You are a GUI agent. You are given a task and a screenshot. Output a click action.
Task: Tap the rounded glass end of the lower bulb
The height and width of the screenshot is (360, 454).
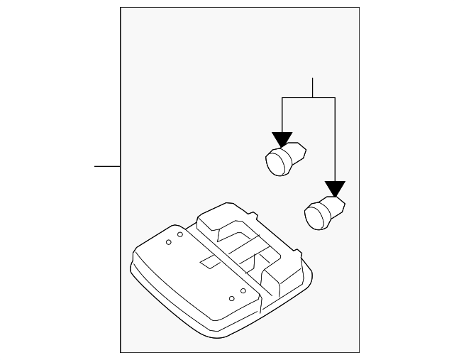point(314,216)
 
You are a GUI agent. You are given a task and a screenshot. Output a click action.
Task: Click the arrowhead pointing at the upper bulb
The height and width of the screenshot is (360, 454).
point(282,139)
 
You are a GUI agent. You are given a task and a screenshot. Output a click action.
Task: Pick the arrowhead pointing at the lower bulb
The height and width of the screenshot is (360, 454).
point(335,189)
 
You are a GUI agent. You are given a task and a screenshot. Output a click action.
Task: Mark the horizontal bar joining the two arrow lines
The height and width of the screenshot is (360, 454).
point(309,98)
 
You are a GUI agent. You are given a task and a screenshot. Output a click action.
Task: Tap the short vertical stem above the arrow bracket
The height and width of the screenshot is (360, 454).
point(312,87)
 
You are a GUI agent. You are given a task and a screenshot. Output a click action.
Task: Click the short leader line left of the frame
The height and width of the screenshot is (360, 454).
point(107,166)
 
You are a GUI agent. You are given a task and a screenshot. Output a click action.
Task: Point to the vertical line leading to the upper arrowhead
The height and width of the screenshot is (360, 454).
point(282,115)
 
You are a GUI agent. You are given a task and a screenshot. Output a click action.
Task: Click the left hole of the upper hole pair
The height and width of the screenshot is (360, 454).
point(169,242)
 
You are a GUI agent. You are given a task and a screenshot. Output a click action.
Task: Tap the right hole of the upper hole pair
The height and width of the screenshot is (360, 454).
point(180,234)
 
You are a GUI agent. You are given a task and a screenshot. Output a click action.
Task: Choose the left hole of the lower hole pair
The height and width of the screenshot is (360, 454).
point(232,298)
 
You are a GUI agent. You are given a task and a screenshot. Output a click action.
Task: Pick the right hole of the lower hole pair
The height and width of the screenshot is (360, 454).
point(243,291)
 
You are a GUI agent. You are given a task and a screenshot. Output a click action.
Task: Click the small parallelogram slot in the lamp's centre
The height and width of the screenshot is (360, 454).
point(211,261)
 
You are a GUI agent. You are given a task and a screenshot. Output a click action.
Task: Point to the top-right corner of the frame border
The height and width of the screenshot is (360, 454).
point(359,8)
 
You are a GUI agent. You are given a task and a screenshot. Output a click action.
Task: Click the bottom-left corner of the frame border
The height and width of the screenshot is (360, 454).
point(121,352)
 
